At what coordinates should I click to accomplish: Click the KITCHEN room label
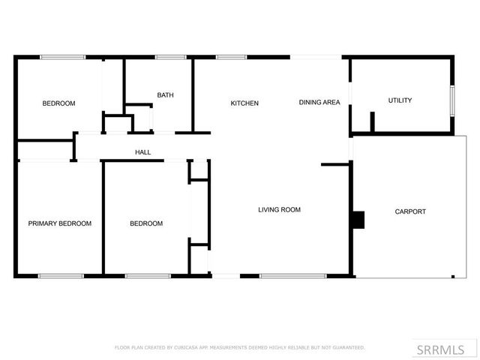click(x=244, y=103)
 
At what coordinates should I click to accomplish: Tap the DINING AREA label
click(x=319, y=103)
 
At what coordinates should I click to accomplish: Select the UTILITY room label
click(x=400, y=100)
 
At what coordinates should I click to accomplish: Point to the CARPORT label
click(x=410, y=211)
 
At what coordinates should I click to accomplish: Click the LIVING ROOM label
click(x=280, y=210)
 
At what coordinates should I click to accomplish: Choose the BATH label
click(x=165, y=95)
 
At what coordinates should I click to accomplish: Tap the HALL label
click(x=142, y=153)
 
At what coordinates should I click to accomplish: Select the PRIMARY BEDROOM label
click(x=60, y=223)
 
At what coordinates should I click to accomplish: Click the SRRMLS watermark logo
click(x=440, y=349)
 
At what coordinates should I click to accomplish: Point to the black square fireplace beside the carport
click(x=358, y=219)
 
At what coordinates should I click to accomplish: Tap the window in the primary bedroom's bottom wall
click(x=61, y=276)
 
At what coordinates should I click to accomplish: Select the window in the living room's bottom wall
click(x=292, y=276)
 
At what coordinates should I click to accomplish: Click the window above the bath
click(x=170, y=57)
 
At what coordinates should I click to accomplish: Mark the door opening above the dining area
click(x=316, y=57)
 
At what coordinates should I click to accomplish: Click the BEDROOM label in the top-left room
click(x=58, y=103)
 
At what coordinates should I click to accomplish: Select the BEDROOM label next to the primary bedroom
click(x=146, y=223)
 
